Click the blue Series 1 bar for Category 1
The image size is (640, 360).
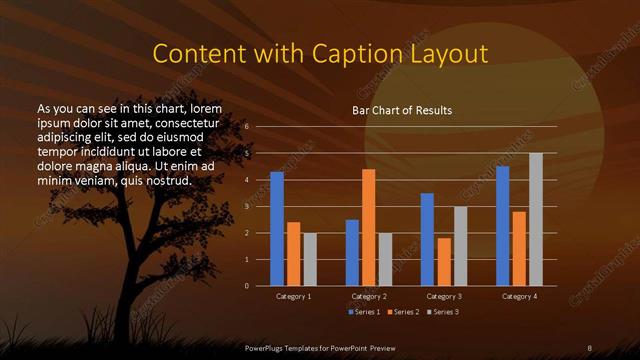point(277,229)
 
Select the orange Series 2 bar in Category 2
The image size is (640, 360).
point(369,227)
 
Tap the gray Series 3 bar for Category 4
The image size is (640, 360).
point(536,219)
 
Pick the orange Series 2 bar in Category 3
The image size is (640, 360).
point(444,261)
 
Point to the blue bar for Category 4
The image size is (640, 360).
point(502,226)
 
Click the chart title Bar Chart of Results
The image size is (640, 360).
point(401,109)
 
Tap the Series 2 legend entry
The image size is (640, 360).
point(405,313)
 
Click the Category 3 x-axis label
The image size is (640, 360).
point(443,297)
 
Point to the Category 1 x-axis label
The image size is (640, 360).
point(293,297)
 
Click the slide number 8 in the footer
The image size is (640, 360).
point(589,346)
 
